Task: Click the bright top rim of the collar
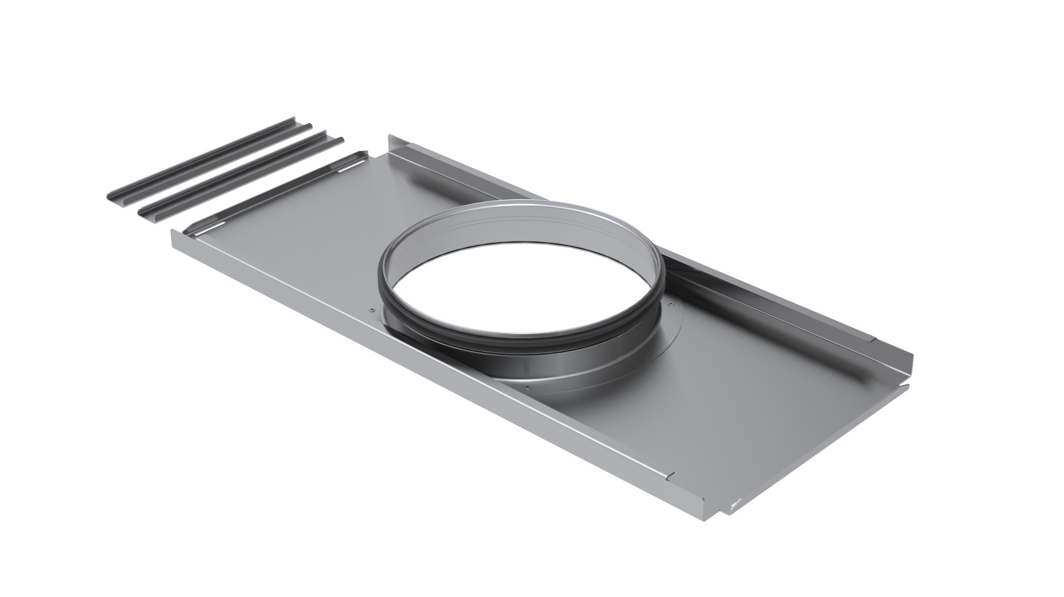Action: tap(532, 210)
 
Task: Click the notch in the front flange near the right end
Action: tap(671, 475)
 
